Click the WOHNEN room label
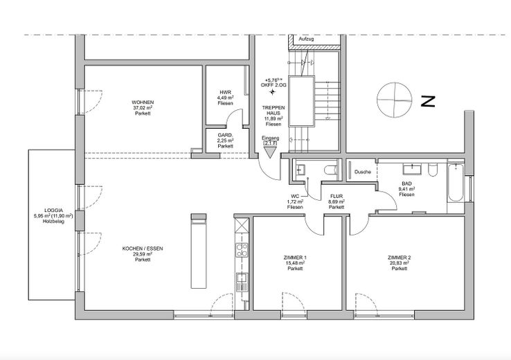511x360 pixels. tap(143, 107)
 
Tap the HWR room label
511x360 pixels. tap(225, 98)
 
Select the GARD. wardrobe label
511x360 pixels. tap(225, 141)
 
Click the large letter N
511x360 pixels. tap(428, 102)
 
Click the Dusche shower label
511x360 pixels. tap(362, 172)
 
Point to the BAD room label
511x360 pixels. tap(407, 189)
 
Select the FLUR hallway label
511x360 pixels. tap(337, 201)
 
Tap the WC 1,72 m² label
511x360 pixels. tap(296, 201)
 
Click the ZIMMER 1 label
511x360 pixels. tap(296, 262)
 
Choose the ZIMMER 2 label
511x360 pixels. tap(399, 262)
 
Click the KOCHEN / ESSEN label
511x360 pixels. tap(143, 253)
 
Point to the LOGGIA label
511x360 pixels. tap(53, 215)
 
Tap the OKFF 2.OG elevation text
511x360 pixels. tap(273, 84)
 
